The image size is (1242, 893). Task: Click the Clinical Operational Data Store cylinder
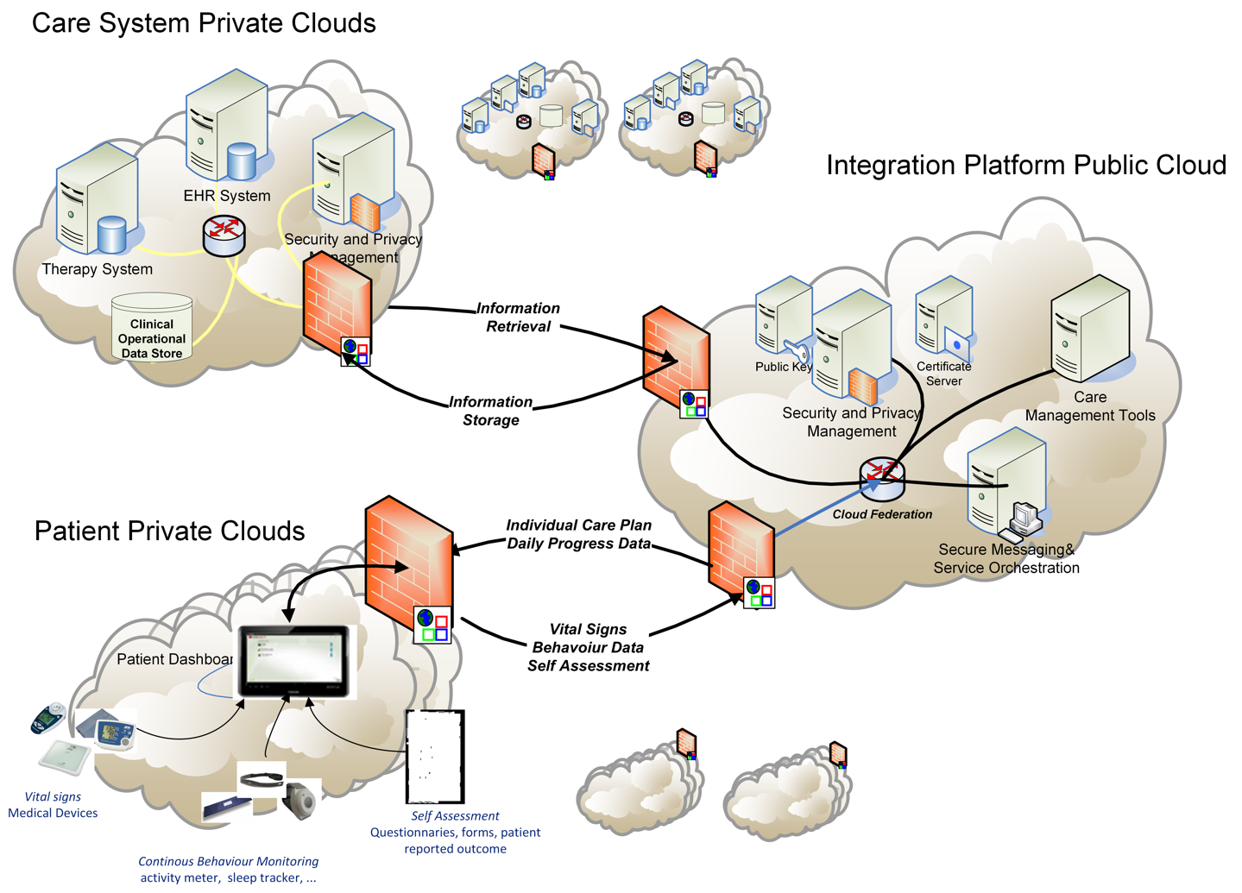pos(152,329)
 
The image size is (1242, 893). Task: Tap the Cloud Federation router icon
pos(882,480)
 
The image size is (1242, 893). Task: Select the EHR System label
pos(227,196)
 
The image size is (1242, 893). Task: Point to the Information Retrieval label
pos(518,318)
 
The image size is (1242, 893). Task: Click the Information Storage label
pos(490,411)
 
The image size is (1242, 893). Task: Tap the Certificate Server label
pos(943,374)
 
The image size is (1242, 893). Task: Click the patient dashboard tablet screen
pos(294,659)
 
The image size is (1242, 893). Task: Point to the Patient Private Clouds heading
pos(169,531)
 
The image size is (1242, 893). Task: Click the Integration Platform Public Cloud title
pos(1025,165)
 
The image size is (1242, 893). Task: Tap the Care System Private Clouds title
pos(204,23)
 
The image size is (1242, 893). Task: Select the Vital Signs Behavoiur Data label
pos(588,647)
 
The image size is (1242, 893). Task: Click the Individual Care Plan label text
pos(578,525)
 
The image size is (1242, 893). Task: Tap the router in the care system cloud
pos(224,235)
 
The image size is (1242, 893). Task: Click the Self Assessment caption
pos(455,816)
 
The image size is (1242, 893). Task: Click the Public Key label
pos(783,367)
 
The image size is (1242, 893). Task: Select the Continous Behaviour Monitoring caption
pos(228,861)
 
